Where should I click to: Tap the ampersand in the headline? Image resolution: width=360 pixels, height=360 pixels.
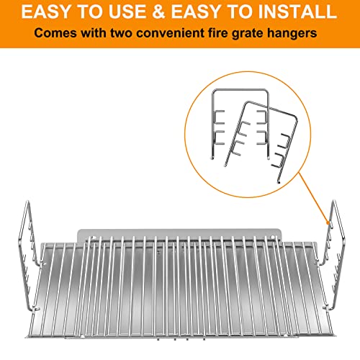158,12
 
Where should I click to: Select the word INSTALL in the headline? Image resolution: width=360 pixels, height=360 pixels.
297,12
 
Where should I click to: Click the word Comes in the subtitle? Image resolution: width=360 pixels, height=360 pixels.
55,33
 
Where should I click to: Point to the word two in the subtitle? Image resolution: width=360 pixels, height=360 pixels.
121,33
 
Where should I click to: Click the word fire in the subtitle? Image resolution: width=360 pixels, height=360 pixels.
217,33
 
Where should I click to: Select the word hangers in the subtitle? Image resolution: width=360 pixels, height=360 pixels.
292,33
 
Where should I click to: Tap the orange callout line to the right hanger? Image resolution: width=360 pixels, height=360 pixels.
314,198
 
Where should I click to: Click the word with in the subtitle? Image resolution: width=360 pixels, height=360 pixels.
94,33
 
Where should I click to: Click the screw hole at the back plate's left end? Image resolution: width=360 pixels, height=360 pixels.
94,238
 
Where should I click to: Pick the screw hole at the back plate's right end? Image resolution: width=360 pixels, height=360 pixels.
272,238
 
